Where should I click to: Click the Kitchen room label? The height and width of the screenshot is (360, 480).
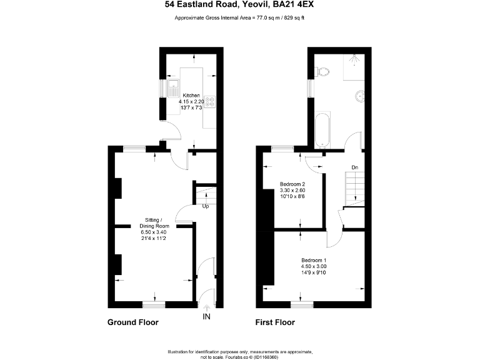191,96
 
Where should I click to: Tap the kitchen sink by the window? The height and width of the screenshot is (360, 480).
173,88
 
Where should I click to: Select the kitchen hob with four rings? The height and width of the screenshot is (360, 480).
209,101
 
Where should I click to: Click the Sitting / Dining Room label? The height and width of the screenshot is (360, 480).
152,223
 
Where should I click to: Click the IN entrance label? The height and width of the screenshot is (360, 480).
206,317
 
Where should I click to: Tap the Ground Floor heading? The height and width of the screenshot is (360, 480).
133,323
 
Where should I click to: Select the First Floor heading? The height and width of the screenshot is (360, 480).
275,323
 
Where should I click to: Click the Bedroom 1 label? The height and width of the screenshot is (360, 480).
314,260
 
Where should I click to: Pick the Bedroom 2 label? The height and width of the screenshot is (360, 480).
292,184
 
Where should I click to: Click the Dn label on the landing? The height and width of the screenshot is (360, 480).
354,167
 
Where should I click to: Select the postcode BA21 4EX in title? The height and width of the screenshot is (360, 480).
297,5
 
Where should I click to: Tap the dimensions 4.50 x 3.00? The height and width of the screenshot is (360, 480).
314,266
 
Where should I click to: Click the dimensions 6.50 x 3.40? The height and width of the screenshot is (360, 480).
152,231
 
